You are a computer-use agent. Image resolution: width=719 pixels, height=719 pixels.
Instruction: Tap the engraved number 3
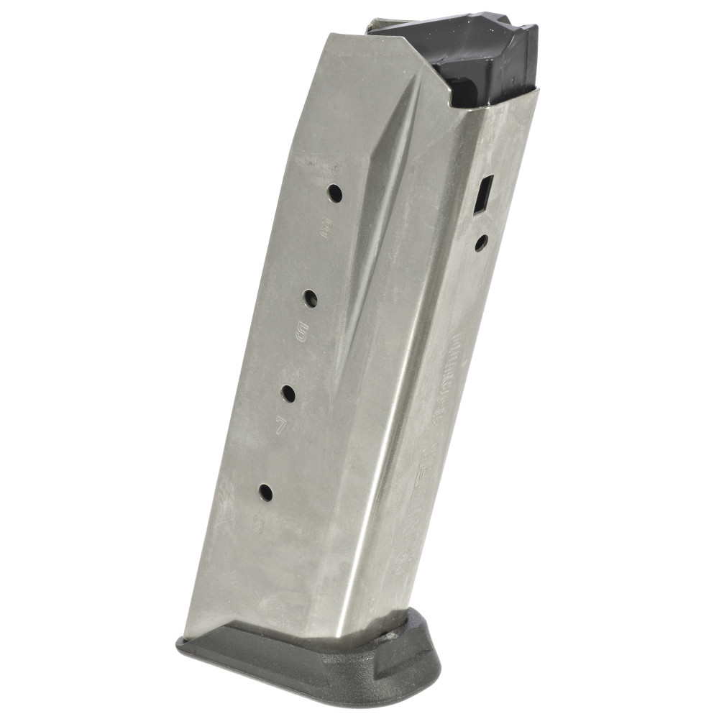(322, 229)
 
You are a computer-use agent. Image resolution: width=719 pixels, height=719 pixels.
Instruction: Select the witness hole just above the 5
(311, 298)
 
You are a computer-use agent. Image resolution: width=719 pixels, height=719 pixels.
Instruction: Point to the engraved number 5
(302, 333)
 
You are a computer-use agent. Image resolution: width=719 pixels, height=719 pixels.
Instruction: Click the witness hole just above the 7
(288, 393)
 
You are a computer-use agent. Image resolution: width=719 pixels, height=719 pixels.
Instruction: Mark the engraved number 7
(281, 426)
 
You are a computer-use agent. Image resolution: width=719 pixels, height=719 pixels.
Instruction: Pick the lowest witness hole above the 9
(265, 493)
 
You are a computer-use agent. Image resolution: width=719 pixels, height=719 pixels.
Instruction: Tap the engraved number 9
(258, 526)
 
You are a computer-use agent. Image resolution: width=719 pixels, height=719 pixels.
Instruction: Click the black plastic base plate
(309, 665)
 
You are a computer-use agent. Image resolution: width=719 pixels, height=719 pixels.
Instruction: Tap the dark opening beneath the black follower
(467, 93)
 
